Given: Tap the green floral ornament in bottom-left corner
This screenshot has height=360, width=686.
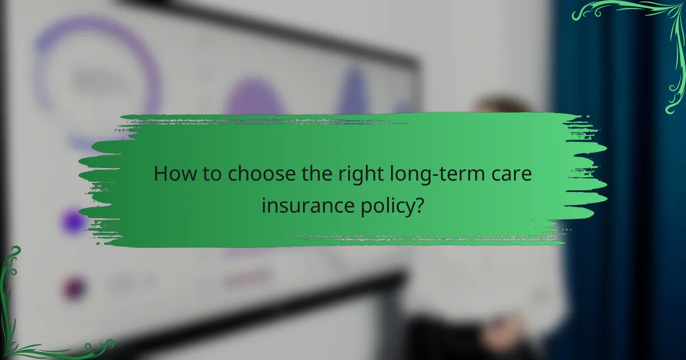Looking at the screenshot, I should tap(29, 320).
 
